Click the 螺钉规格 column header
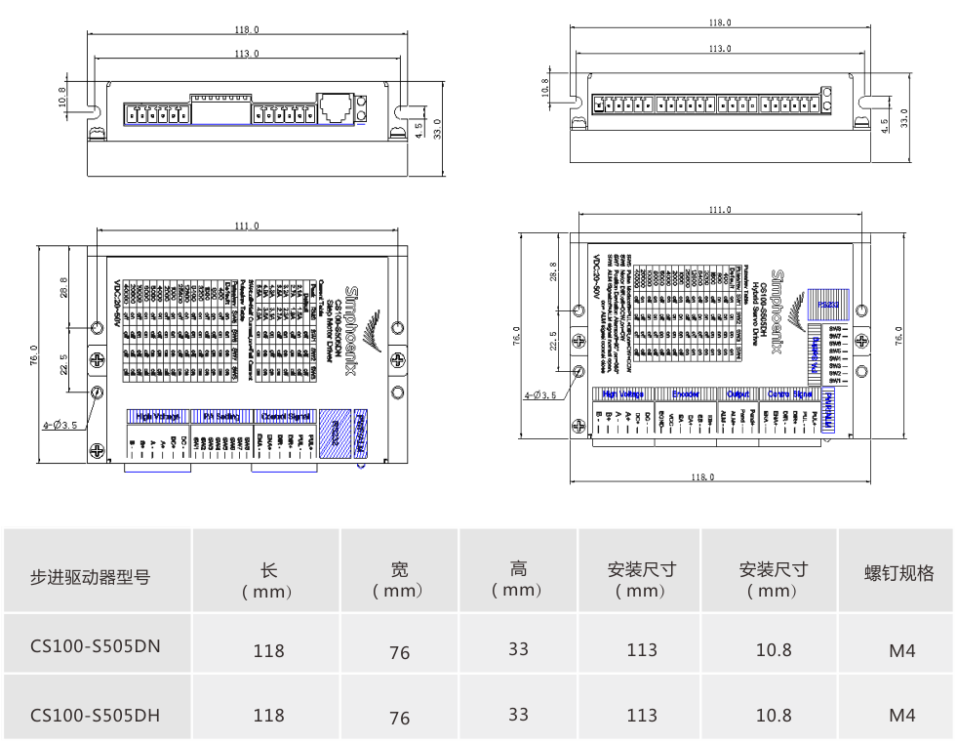[898, 573]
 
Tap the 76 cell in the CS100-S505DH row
[399, 719]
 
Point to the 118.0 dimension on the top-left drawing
[247, 30]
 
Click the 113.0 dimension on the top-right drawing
[719, 48]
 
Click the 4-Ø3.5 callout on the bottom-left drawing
[60, 426]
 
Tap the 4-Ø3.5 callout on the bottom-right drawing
[540, 395]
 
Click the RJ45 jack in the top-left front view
[335, 105]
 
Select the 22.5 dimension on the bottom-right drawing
[553, 340]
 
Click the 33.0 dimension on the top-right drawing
[903, 118]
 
